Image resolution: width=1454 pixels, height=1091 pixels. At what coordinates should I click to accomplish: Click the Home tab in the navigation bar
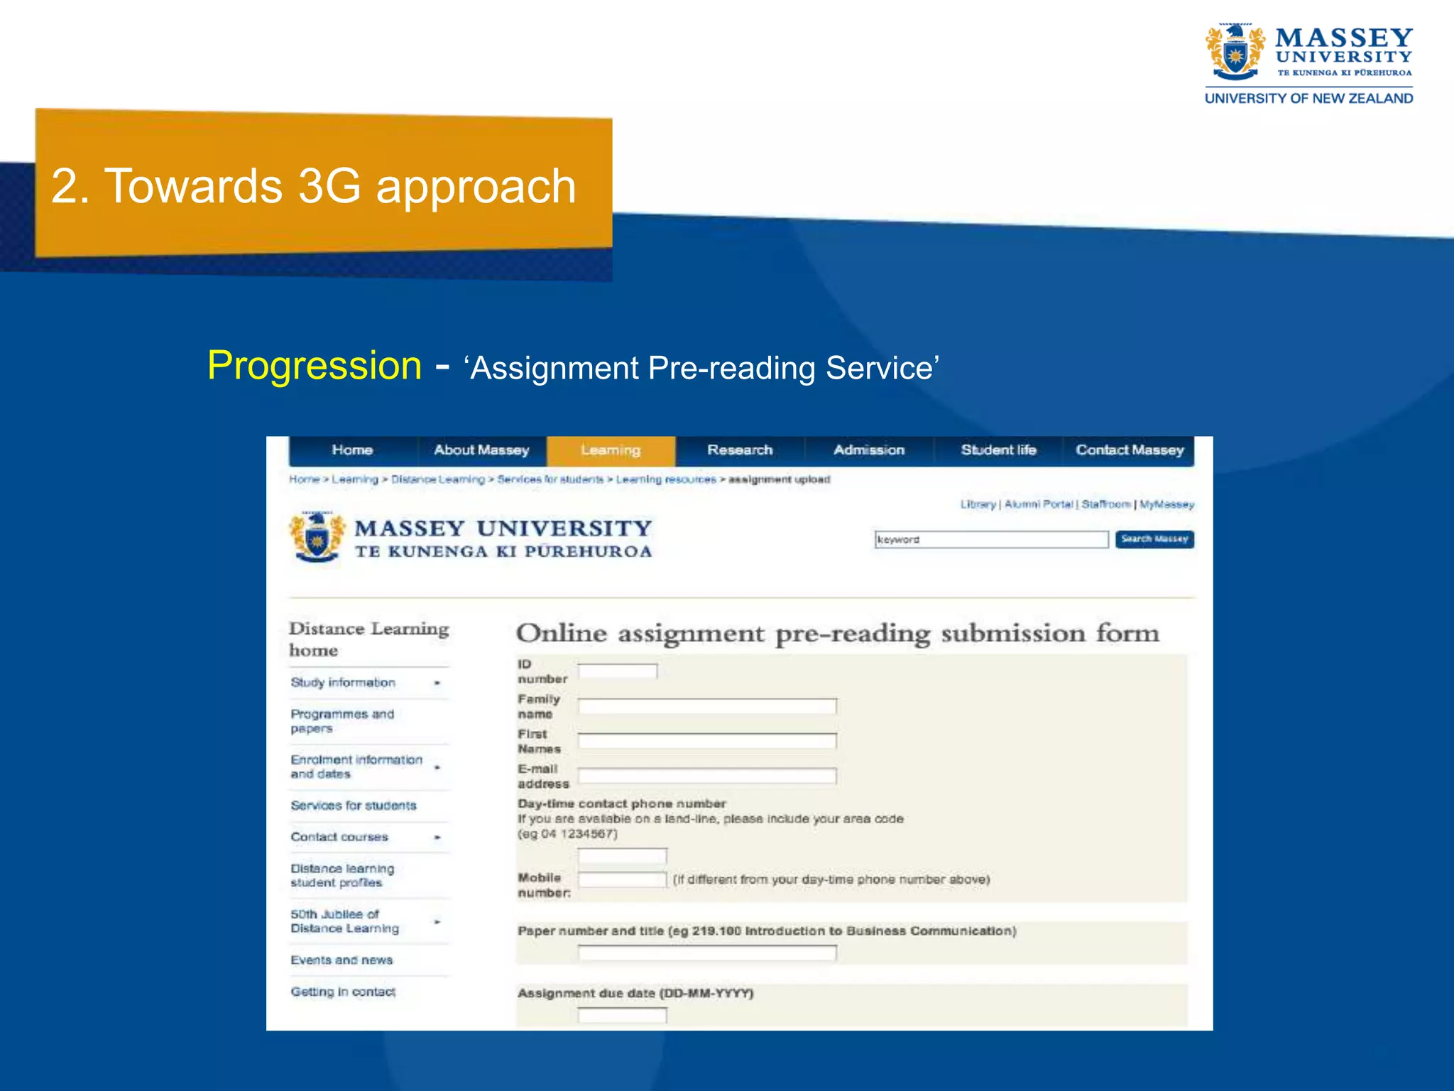click(352, 450)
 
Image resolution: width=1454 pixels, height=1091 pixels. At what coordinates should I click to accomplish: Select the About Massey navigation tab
click(481, 450)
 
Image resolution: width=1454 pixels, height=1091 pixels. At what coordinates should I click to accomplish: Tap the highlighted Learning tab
click(611, 450)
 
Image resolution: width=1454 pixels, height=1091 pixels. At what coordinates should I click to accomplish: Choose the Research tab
click(740, 450)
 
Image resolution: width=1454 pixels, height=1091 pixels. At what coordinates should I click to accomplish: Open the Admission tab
click(869, 450)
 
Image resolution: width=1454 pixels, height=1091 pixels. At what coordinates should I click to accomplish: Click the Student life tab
click(998, 450)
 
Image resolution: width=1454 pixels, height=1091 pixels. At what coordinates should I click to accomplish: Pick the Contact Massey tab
click(1130, 450)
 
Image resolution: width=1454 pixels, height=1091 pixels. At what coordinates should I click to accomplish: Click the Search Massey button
click(1154, 539)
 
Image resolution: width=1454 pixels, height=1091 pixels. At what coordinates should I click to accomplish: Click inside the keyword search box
click(991, 540)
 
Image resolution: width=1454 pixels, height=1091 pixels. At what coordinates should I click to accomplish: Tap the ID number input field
click(618, 671)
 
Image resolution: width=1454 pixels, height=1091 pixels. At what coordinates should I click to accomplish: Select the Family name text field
click(707, 706)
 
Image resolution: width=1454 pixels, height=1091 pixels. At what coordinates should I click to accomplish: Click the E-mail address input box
click(707, 776)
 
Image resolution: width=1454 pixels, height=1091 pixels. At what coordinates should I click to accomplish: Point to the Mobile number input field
click(623, 880)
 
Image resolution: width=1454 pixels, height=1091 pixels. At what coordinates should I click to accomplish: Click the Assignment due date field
click(623, 1016)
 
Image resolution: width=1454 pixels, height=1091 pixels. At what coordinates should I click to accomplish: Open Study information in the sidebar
click(343, 683)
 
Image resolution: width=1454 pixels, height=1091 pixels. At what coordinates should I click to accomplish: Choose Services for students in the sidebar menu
click(354, 805)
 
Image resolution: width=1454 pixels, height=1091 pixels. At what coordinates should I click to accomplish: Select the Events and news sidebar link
click(341, 960)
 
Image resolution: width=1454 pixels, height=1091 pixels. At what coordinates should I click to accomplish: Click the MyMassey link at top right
click(1167, 504)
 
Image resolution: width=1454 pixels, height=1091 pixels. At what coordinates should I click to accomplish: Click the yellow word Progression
click(315, 366)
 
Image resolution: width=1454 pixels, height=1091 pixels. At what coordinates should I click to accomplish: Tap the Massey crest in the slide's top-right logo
click(1235, 52)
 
